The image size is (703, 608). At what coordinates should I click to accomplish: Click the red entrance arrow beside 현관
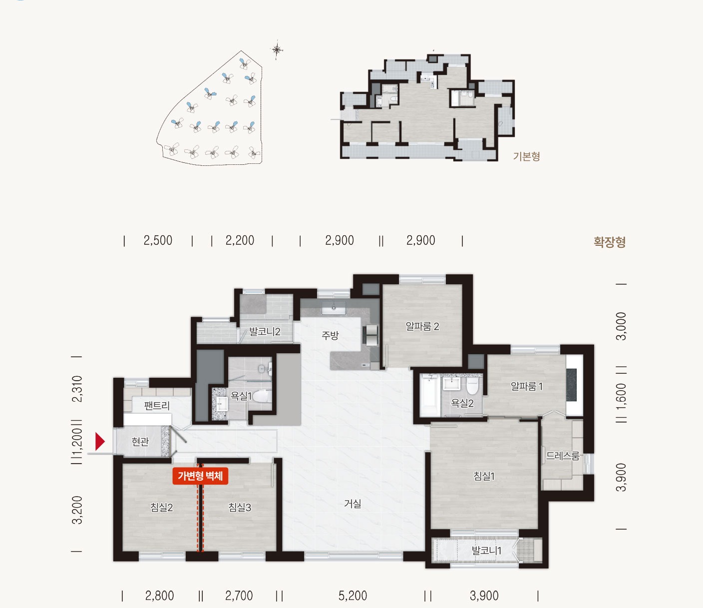point(100,442)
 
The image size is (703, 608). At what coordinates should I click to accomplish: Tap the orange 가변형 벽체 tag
point(200,476)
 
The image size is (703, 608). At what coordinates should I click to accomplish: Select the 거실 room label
point(352,504)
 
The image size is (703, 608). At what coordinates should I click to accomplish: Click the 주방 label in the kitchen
point(330,335)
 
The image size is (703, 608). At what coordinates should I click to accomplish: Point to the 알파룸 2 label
point(422,327)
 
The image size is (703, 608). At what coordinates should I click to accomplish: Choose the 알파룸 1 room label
point(527,386)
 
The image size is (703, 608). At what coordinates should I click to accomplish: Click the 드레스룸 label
point(563,456)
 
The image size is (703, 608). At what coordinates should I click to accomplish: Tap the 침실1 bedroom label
point(484,476)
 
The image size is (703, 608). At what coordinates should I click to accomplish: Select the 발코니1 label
point(486,551)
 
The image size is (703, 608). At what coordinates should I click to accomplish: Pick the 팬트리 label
point(157,406)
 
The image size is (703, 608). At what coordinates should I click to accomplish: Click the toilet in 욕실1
point(262,396)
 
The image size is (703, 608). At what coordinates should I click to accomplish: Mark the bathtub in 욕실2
point(430,395)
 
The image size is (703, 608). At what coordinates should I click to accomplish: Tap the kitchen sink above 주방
point(334,308)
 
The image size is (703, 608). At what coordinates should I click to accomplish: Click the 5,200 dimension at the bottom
point(352,596)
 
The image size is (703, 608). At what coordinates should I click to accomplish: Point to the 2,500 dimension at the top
point(158,240)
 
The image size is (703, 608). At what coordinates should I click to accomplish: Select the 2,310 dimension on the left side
point(77,389)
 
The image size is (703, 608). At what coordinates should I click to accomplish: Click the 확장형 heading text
point(610,242)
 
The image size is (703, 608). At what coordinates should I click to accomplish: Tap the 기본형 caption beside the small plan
point(526,156)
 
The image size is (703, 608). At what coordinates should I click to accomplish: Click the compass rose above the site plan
point(277,50)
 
